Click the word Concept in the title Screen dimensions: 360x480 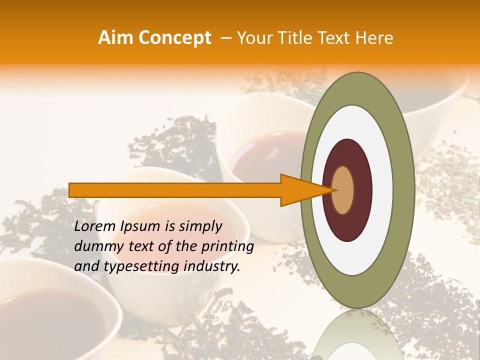pos(174,38)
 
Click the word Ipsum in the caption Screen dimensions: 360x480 pos(145,226)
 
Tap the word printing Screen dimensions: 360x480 pos(225,246)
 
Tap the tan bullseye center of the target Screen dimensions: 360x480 pos(343,190)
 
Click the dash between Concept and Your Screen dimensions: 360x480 pos(225,38)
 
